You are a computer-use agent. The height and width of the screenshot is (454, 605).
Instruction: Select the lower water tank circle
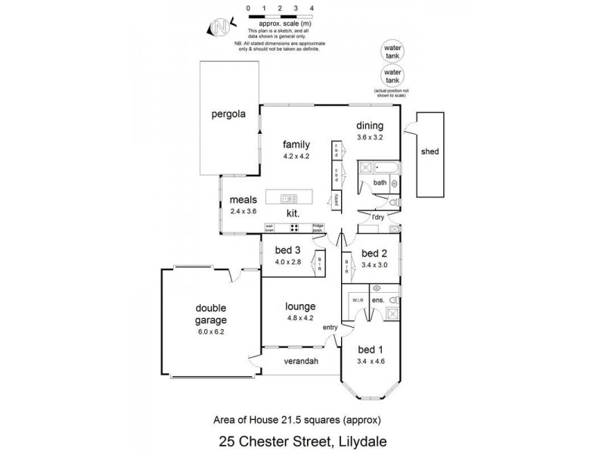[x=391, y=76]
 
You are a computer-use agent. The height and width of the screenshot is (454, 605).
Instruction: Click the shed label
[x=430, y=151]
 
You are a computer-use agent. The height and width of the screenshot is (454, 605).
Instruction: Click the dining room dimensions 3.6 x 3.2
[x=371, y=138]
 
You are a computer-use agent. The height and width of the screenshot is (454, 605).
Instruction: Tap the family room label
[x=297, y=144]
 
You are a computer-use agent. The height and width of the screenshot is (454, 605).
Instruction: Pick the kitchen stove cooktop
[x=292, y=227]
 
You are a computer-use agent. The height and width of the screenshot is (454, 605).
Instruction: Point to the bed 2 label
[x=374, y=253]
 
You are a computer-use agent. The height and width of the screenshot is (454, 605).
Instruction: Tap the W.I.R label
[x=358, y=301]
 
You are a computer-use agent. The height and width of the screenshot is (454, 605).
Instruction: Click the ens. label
[x=378, y=301]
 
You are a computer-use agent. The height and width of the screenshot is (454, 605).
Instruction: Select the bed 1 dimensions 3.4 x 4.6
[x=371, y=362]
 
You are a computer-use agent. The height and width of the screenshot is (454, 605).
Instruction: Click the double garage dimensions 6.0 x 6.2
[x=211, y=331]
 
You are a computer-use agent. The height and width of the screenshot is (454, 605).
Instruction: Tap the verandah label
[x=300, y=361]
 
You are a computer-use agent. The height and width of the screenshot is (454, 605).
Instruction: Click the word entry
[x=330, y=327]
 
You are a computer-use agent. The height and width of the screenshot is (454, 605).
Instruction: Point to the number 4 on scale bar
[x=312, y=8]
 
